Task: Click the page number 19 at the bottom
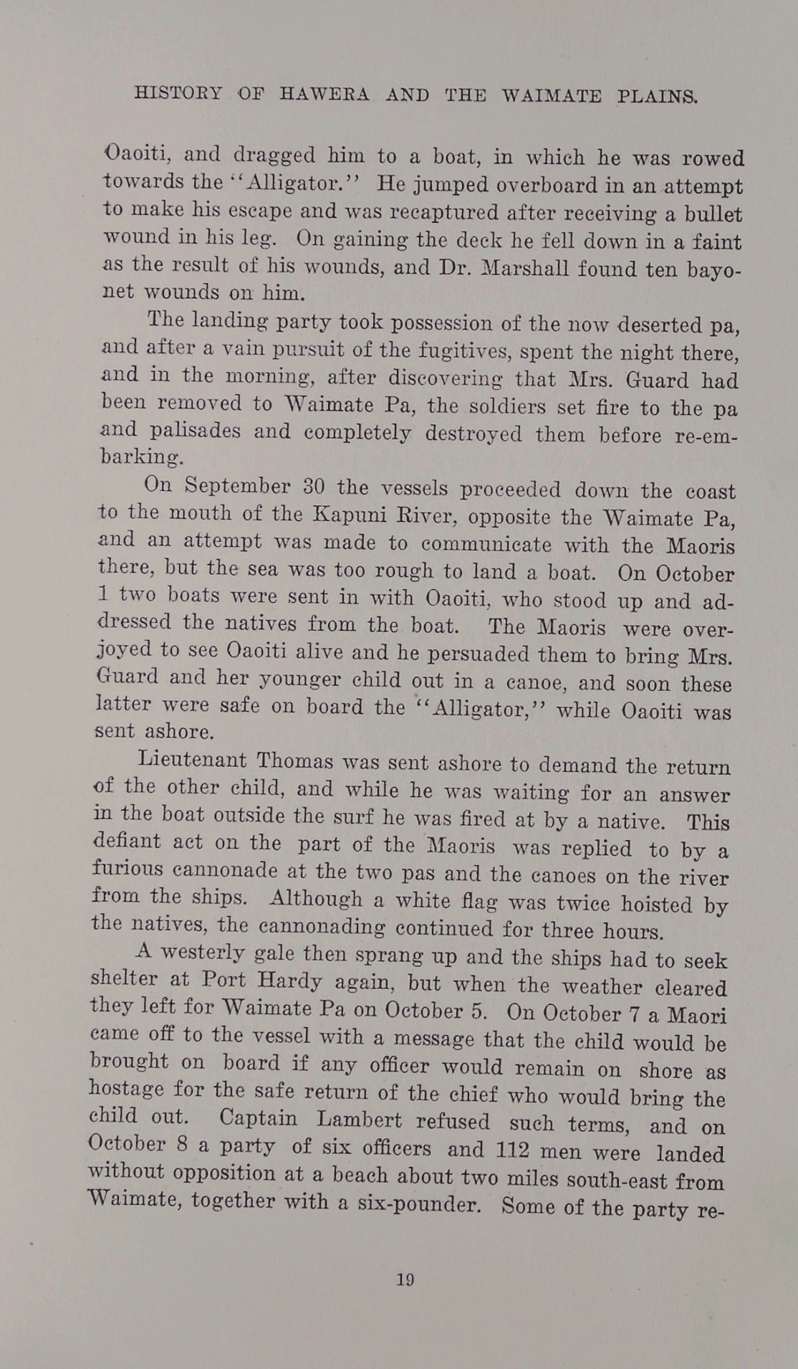point(405,1279)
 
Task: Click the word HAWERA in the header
point(324,95)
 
